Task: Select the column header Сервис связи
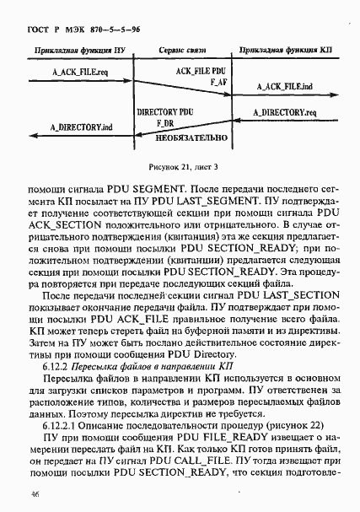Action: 182,51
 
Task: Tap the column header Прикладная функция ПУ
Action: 78,51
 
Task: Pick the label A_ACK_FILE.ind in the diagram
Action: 283,88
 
